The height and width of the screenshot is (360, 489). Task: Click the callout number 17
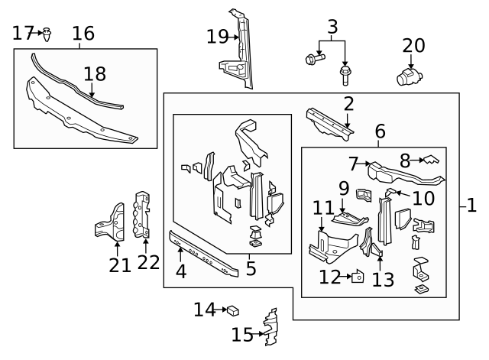point(23,33)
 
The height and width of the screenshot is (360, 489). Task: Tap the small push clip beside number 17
point(48,33)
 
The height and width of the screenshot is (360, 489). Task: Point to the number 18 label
point(94,73)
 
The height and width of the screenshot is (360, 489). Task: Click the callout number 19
point(218,36)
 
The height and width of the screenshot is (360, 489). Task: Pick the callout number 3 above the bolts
point(332,28)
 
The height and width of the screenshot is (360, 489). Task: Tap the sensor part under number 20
point(410,76)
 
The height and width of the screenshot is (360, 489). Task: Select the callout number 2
point(348,104)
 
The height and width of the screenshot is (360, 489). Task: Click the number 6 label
point(380,132)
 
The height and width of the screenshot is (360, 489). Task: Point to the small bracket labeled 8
point(432,160)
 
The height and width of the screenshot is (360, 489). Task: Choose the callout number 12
point(330,277)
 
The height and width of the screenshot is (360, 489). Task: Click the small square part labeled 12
point(357,277)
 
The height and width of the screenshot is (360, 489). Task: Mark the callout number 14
point(205,310)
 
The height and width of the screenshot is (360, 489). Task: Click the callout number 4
point(180,271)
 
